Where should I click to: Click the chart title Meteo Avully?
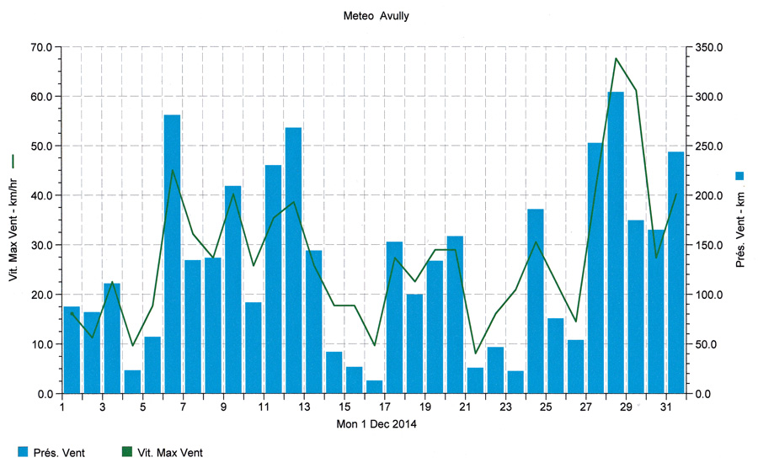[x=377, y=16]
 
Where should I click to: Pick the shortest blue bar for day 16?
[x=374, y=387]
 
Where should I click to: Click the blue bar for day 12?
[x=293, y=261]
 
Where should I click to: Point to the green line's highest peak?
[x=616, y=58]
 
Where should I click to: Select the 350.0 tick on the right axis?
[x=709, y=47]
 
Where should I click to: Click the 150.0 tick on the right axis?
[x=709, y=245]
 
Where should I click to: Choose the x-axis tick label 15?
[x=344, y=407]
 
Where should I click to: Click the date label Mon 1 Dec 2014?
[x=377, y=424]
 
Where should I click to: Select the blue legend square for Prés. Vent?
[x=24, y=452]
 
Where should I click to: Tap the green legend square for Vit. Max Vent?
[x=127, y=452]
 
